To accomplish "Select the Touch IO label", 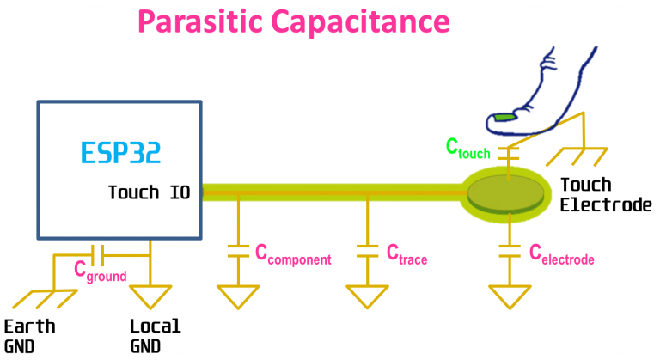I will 149,192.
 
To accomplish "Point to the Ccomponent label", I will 293,254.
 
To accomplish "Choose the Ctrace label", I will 406,254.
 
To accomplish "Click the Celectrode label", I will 561,254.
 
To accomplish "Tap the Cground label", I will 100,273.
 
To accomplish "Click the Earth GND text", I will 30,336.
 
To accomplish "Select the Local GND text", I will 156,336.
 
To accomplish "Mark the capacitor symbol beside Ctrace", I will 367,251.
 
